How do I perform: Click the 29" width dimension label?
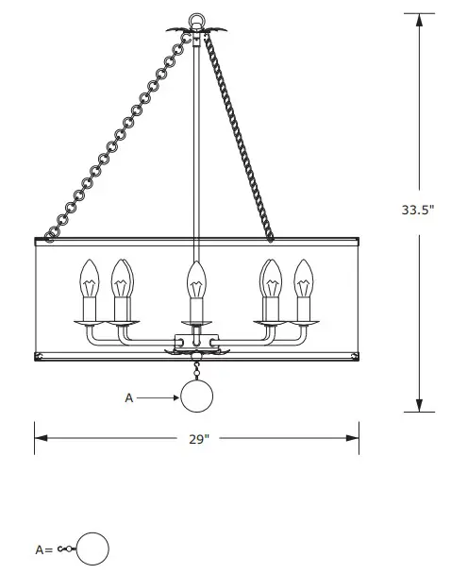197,438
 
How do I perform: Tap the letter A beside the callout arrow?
129,398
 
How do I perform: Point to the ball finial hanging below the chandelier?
197,397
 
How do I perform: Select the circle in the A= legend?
92,549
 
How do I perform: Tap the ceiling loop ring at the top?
197,18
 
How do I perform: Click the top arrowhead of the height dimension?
419,17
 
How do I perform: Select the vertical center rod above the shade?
196,132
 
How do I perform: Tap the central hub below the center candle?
196,344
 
